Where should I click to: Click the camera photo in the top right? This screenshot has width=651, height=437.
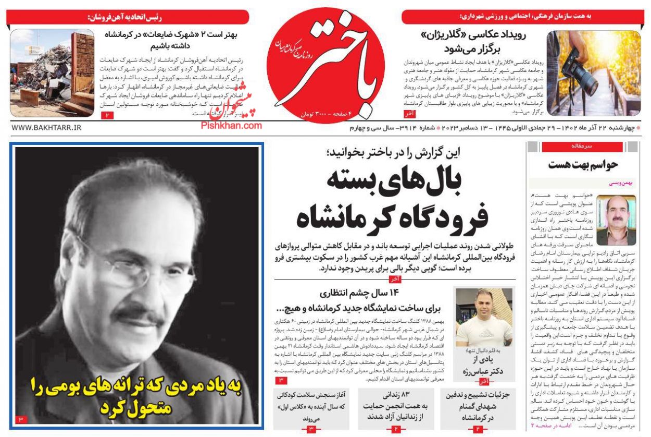tap(592, 74)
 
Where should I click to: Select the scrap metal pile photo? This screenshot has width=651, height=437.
tap(52, 73)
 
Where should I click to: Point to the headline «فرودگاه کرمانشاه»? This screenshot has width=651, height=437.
tap(392, 217)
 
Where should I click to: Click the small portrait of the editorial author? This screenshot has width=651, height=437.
tap(616, 220)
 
